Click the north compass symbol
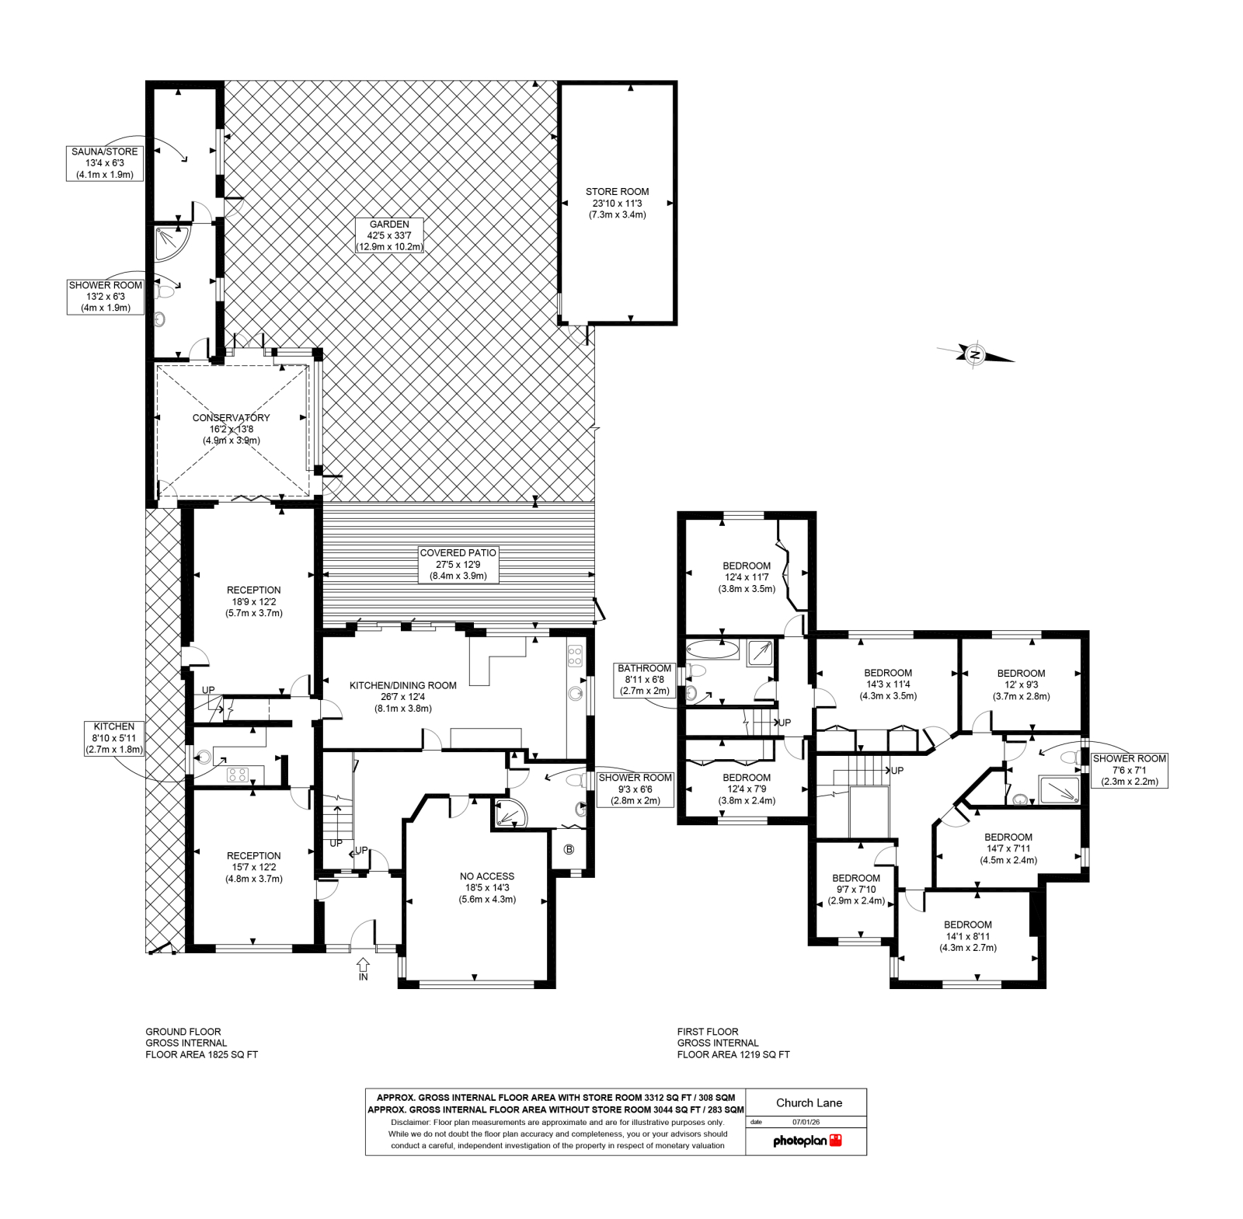tap(975, 354)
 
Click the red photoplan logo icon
tap(836, 1140)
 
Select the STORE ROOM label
tap(618, 203)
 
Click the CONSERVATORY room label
tap(232, 429)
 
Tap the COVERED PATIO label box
tap(458, 564)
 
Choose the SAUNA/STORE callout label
tap(105, 163)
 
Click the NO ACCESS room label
tap(487, 887)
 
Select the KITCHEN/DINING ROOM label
tap(403, 696)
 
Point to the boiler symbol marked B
tap(569, 849)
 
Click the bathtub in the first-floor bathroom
tap(712, 650)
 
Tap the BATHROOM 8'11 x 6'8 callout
tap(645, 679)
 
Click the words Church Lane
tap(809, 1102)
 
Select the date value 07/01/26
tap(806, 1122)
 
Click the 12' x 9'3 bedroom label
tap(1022, 684)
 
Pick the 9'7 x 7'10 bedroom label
tap(856, 890)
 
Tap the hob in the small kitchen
tap(237, 774)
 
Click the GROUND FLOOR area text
tap(202, 1043)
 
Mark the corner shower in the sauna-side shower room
tap(171, 242)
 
